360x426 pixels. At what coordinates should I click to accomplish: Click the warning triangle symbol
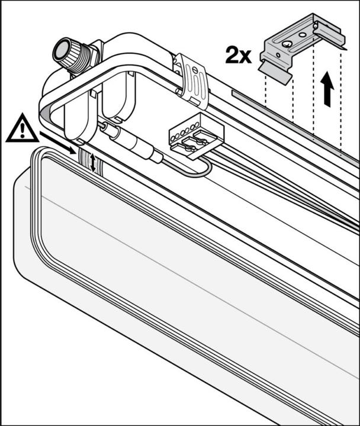(x=22, y=129)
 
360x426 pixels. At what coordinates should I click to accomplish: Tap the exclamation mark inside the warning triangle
(x=22, y=130)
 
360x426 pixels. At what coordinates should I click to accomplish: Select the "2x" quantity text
(x=238, y=56)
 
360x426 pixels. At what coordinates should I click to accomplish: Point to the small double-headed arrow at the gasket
(x=93, y=163)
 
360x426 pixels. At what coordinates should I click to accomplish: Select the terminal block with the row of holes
(x=197, y=135)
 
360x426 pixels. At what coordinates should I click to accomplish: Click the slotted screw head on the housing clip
(x=194, y=70)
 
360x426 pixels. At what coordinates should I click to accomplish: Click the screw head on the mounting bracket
(x=287, y=44)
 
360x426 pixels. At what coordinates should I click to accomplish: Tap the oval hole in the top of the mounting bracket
(x=302, y=35)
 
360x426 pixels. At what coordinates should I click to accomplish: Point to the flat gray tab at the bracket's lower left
(x=275, y=72)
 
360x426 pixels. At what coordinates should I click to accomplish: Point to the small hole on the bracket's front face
(x=278, y=55)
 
